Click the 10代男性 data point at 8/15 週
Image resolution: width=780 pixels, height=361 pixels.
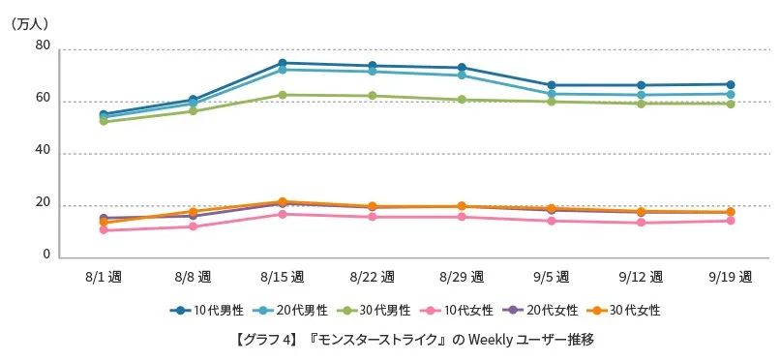(282, 64)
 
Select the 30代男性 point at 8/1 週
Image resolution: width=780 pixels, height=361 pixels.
(104, 121)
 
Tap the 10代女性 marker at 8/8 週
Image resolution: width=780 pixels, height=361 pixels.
(193, 226)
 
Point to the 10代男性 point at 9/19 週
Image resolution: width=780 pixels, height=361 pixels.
(731, 85)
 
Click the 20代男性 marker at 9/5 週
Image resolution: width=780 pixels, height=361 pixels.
(552, 95)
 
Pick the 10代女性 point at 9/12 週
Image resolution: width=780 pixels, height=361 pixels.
(641, 223)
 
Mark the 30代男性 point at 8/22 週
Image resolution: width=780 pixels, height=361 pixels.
(372, 96)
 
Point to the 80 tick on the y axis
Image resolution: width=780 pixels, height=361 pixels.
(43, 46)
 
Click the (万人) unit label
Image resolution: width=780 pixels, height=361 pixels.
(29, 22)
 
